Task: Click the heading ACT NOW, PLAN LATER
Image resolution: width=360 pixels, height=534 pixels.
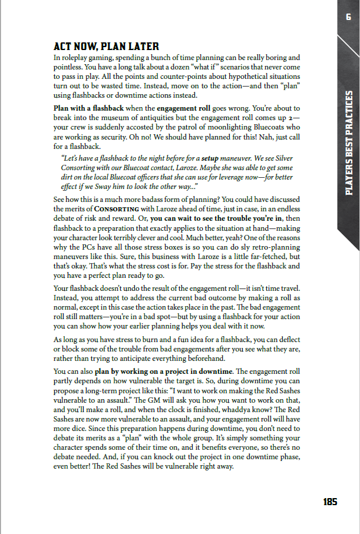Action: [x=106, y=47]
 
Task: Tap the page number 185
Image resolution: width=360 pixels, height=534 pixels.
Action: [x=330, y=502]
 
